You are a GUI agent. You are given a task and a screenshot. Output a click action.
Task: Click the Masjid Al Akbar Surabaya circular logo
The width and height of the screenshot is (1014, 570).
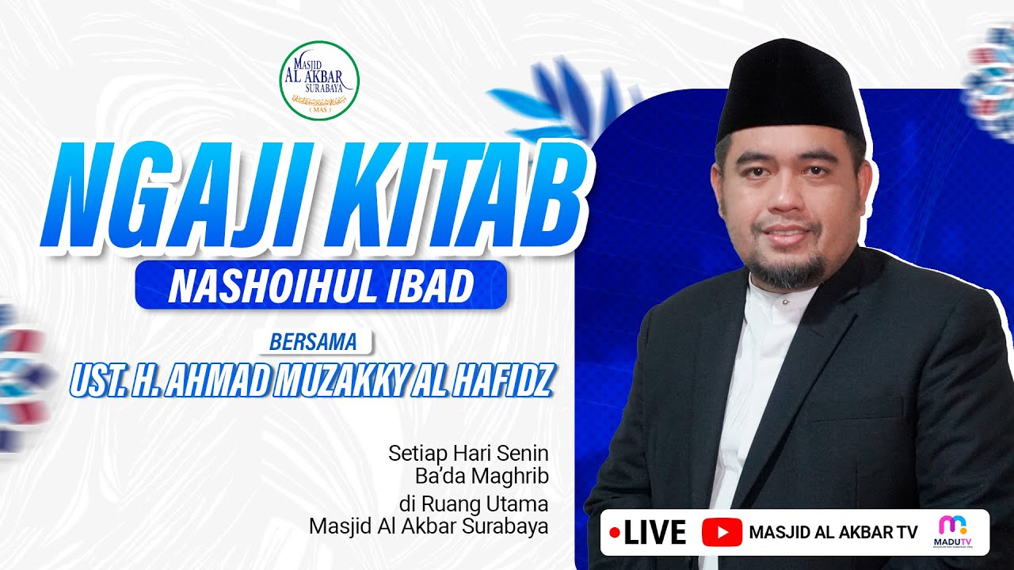point(319,80)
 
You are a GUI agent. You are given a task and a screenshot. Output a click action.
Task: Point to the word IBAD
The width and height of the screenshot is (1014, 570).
point(436,286)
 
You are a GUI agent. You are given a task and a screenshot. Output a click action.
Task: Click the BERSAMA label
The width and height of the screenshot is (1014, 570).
point(314,343)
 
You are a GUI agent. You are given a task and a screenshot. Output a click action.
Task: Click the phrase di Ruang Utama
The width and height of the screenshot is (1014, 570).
point(474,503)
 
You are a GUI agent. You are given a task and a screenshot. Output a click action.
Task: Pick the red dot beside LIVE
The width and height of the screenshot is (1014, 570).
point(614,533)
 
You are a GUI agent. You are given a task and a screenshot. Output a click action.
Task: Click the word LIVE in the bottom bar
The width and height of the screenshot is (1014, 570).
point(654,533)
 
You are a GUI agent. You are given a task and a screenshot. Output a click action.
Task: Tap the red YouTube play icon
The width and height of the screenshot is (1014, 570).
point(722,533)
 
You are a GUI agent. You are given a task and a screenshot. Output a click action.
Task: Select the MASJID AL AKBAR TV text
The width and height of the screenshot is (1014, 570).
point(833,533)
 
